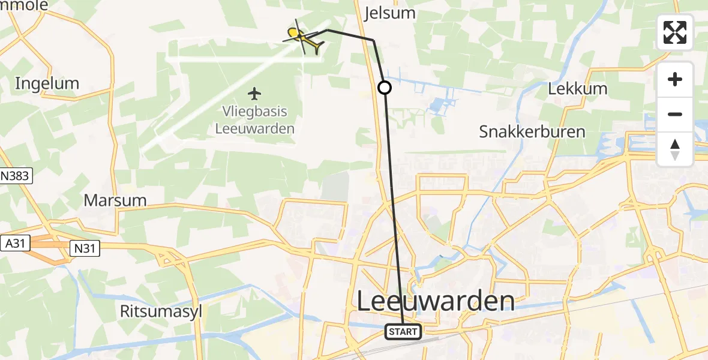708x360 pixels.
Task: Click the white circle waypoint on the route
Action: click(x=385, y=88)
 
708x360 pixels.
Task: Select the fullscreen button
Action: click(x=675, y=32)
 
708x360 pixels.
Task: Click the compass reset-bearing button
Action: click(x=675, y=149)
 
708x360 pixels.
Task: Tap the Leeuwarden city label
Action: click(x=436, y=301)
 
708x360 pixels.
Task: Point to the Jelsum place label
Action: click(x=390, y=13)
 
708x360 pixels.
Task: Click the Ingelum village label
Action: click(x=47, y=83)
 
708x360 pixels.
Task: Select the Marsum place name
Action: click(x=115, y=200)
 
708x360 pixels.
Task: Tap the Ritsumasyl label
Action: click(x=160, y=311)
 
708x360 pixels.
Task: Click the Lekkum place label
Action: click(x=578, y=89)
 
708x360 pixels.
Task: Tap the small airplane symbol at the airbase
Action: click(x=255, y=94)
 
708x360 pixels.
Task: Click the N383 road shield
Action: click(x=16, y=176)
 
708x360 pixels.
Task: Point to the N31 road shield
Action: click(x=84, y=247)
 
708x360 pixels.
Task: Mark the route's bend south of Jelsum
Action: click(x=374, y=40)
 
